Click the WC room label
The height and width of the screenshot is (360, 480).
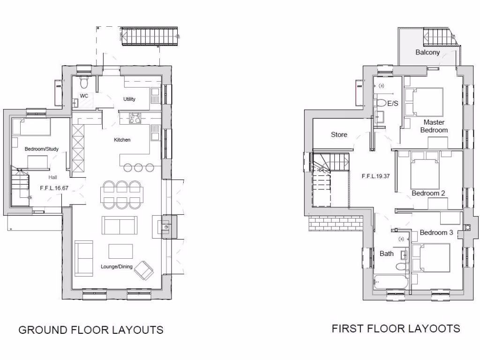pos(84,96)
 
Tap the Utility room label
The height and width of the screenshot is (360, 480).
pos(129,99)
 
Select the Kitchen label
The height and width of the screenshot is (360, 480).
pos(122,140)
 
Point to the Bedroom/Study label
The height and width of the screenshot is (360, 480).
pos(42,149)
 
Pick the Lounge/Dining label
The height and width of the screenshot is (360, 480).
pos(117,267)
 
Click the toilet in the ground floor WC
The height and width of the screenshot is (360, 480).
pos(84,82)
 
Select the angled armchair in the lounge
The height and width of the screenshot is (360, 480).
pos(144,270)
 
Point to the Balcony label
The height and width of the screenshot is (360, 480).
pos(427,52)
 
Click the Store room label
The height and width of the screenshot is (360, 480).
pos(339,135)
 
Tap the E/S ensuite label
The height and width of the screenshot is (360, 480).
pos(392,103)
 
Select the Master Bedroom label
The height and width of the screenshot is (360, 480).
pos(434,126)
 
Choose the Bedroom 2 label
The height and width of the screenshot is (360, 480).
pos(428,193)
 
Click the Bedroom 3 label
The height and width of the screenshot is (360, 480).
pos(436,232)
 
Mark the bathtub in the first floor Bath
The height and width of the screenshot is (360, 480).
pos(390,283)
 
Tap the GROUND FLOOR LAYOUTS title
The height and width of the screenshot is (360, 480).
pos(91,330)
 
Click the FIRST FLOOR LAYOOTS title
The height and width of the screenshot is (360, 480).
pos(396,328)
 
